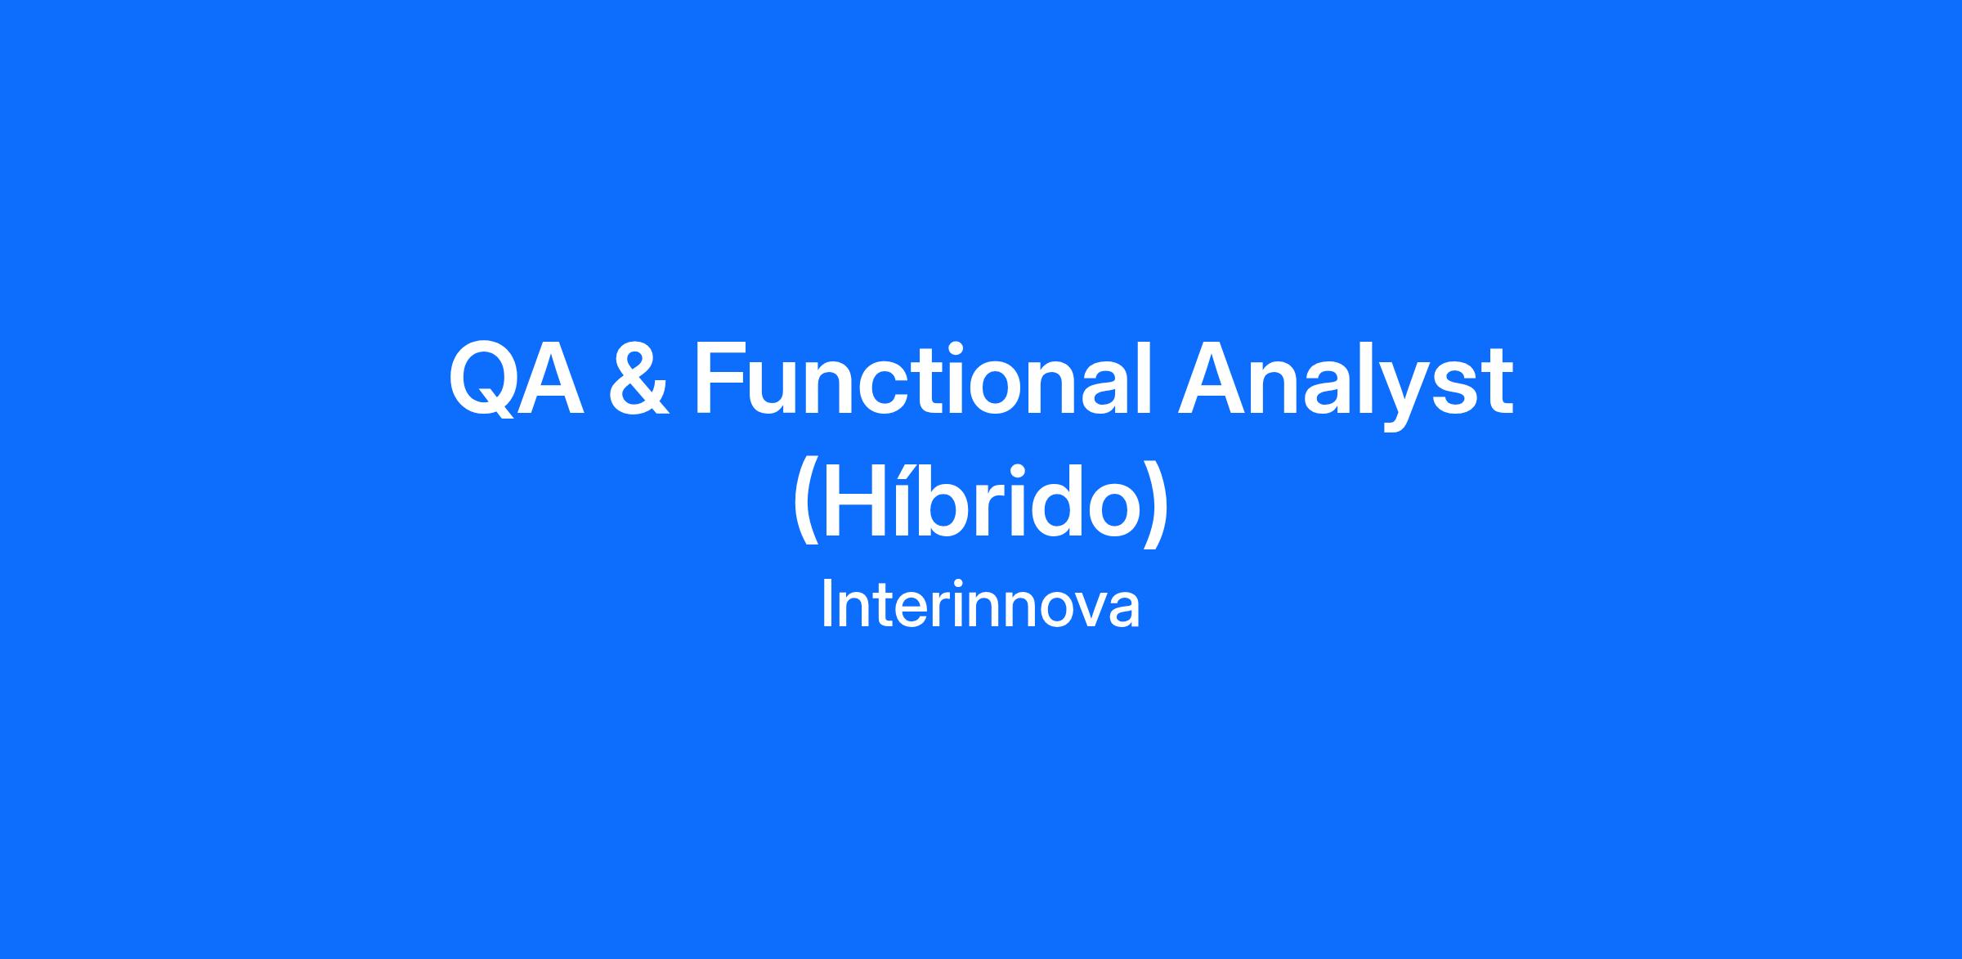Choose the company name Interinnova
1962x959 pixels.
point(980,605)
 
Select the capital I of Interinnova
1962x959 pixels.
point(826,605)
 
